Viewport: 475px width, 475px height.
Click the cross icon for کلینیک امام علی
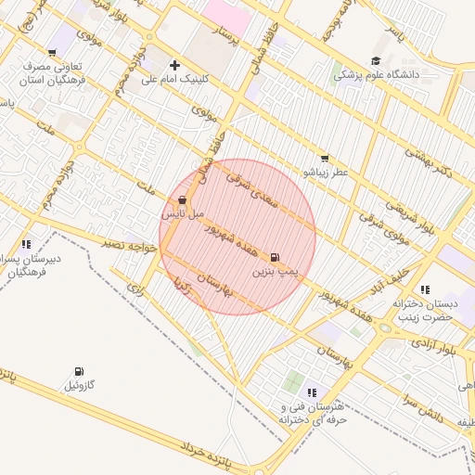(174, 65)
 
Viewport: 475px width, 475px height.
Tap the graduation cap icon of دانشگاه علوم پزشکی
(376, 60)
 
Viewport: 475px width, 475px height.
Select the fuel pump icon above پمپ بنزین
(275, 257)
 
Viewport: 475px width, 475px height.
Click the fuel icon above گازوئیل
(78, 371)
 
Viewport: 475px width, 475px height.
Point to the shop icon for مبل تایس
(182, 199)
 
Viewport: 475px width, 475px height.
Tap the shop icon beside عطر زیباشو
(324, 159)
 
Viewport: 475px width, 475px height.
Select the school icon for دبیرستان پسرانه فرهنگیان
(26, 244)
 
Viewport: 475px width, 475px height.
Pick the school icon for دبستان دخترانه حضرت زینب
(425, 289)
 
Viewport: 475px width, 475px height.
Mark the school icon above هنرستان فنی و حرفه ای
(312, 392)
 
